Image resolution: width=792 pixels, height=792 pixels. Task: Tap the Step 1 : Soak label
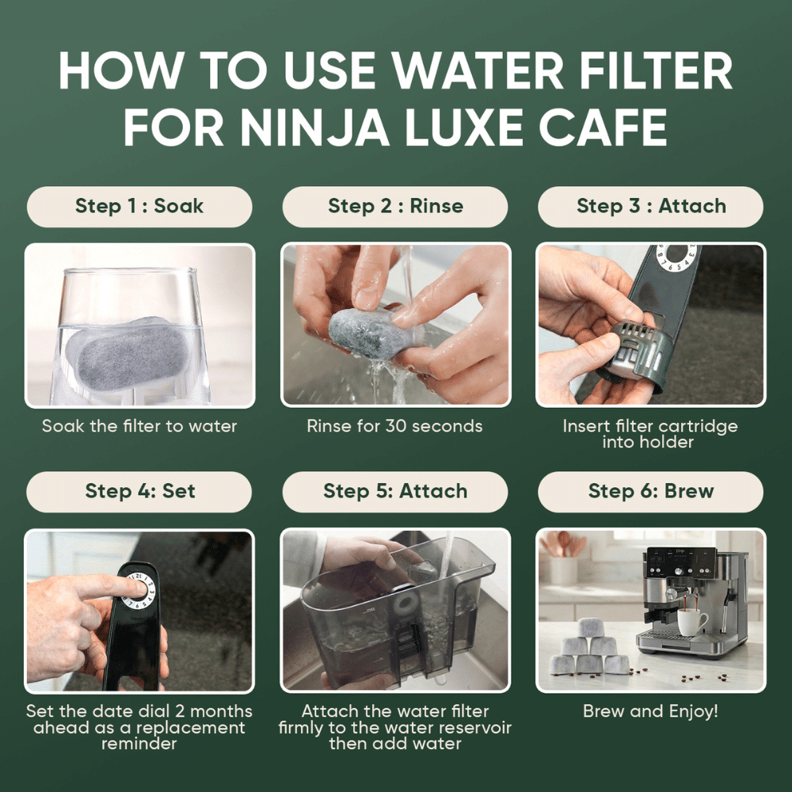pos(139,207)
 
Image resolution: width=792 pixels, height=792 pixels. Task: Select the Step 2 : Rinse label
pos(395,207)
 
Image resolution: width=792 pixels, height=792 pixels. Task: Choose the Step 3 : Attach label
pos(650,207)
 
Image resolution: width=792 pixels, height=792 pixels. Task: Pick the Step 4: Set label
pos(139,491)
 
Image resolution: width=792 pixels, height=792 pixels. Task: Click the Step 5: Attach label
pos(395,491)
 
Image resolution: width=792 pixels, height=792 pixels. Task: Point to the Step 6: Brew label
pos(650,491)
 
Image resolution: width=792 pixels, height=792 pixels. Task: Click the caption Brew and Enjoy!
pos(650,711)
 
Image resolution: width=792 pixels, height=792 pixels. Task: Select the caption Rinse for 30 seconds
pos(394,426)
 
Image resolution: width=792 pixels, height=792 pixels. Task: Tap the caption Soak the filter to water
pos(139,426)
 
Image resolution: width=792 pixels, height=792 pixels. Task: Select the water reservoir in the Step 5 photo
pos(396,618)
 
